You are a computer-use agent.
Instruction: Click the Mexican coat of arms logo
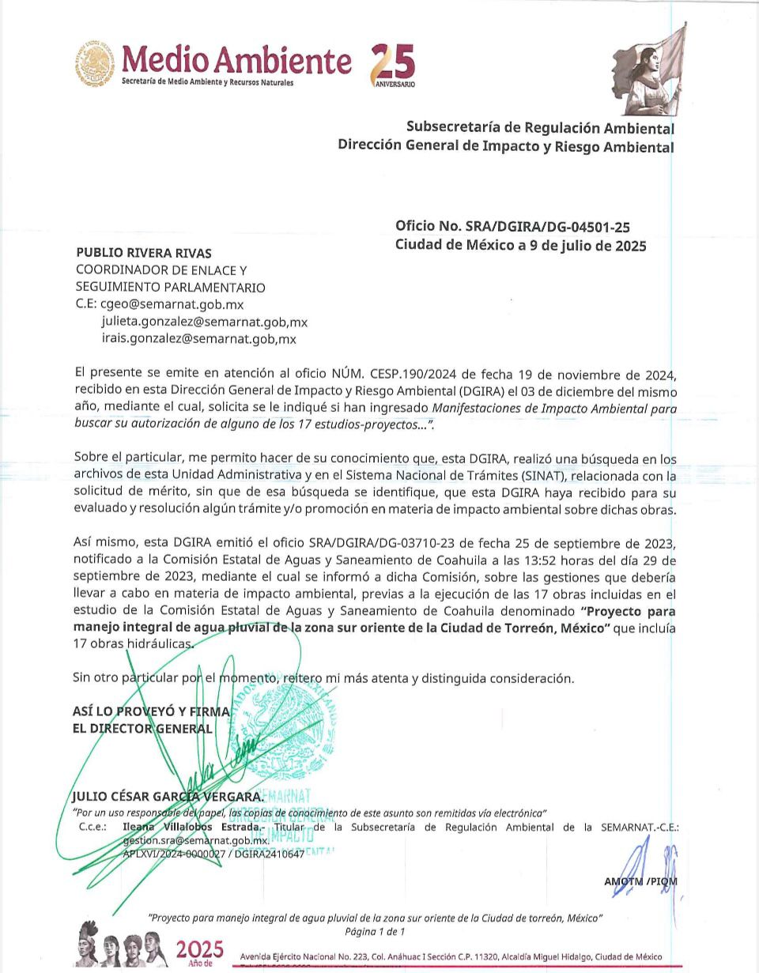pos(96,63)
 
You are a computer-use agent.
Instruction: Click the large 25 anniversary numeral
pos(394,62)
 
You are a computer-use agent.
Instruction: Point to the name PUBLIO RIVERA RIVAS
pos(143,253)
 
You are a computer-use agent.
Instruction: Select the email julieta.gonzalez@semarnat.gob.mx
pos(204,322)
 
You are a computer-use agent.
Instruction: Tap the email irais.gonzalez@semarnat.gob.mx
pos(198,339)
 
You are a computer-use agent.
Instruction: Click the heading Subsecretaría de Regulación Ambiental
pos(540,127)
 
